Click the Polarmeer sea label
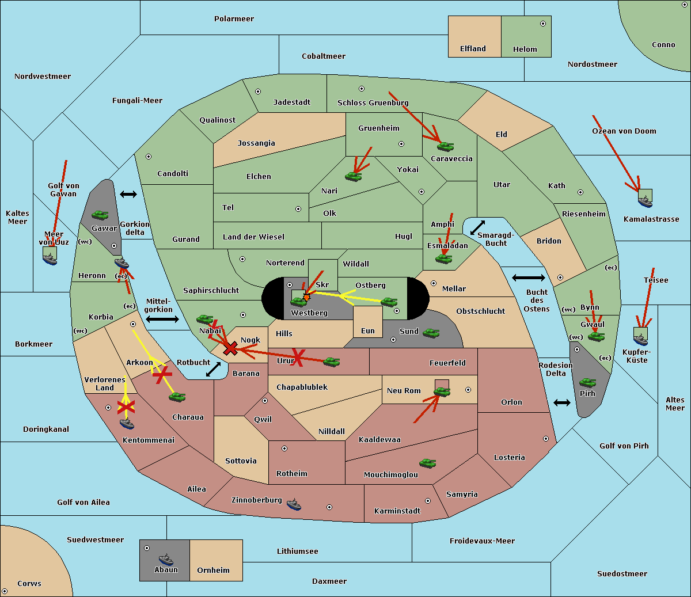[x=234, y=19]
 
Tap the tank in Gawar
[x=100, y=215]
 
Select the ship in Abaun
[x=166, y=559]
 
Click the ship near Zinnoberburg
[x=294, y=504]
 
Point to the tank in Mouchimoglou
[x=427, y=463]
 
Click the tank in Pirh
[x=587, y=383]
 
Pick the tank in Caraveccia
[x=445, y=147]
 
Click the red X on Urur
[x=298, y=356]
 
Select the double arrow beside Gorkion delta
[x=128, y=195]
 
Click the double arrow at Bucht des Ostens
[x=528, y=278]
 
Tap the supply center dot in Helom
[x=542, y=24]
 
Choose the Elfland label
[x=473, y=49]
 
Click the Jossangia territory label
[x=256, y=143]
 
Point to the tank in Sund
[x=431, y=333]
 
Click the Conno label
[x=663, y=45]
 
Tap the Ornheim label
[x=213, y=571]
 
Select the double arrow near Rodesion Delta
[x=562, y=402]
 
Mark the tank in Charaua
[x=177, y=397]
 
